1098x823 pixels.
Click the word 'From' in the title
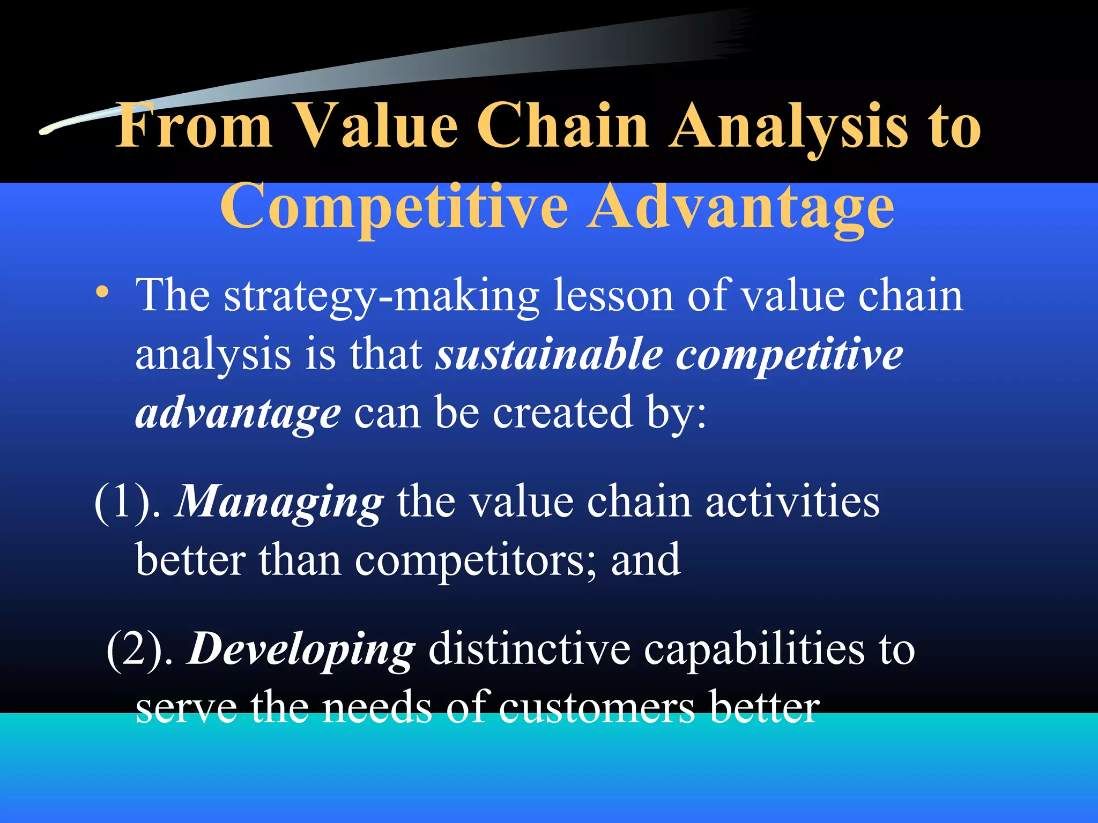point(194,126)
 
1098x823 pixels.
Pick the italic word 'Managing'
point(279,502)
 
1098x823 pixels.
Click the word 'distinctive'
point(529,649)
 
